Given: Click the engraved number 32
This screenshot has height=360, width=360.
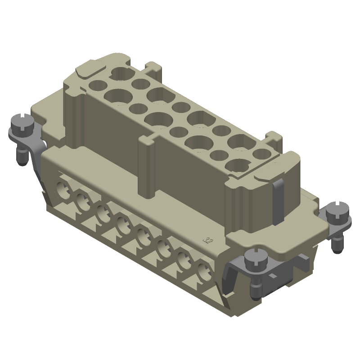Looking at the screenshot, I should [207, 240].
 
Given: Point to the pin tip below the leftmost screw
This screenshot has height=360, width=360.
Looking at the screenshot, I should [21, 160].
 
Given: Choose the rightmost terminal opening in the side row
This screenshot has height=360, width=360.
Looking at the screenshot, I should [204, 272].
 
